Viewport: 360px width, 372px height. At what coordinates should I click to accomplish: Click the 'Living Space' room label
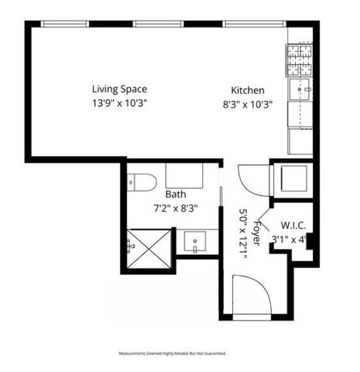pyautogui.click(x=119, y=89)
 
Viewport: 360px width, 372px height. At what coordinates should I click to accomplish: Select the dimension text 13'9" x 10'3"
pyautogui.click(x=119, y=102)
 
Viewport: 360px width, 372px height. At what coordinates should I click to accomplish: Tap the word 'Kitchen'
pyautogui.click(x=248, y=91)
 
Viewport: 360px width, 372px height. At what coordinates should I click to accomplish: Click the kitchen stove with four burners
pyautogui.click(x=300, y=57)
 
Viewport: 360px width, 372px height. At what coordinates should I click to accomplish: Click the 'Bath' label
pyautogui.click(x=176, y=195)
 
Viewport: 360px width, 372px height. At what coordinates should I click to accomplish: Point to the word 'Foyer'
pyautogui.click(x=258, y=229)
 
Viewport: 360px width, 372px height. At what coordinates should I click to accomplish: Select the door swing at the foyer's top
pyautogui.click(x=252, y=181)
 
